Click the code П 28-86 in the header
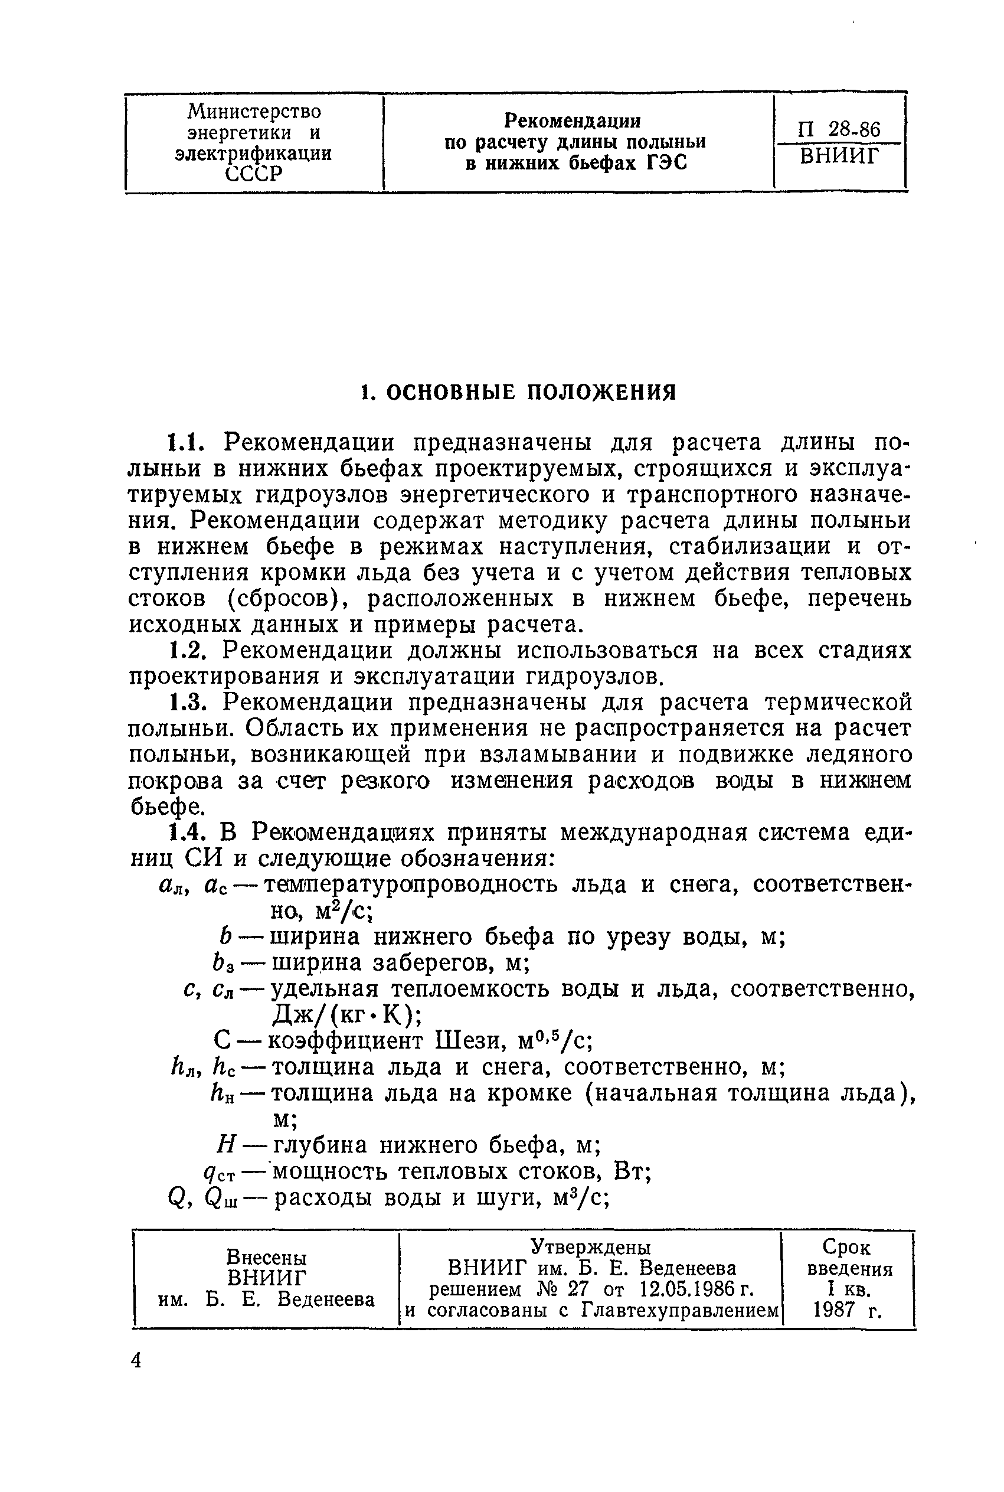point(838,129)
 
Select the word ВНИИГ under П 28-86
point(839,156)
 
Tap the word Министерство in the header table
point(254,112)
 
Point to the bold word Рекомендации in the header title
point(573,120)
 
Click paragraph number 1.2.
point(188,651)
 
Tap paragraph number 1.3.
point(188,703)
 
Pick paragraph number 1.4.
point(188,832)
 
